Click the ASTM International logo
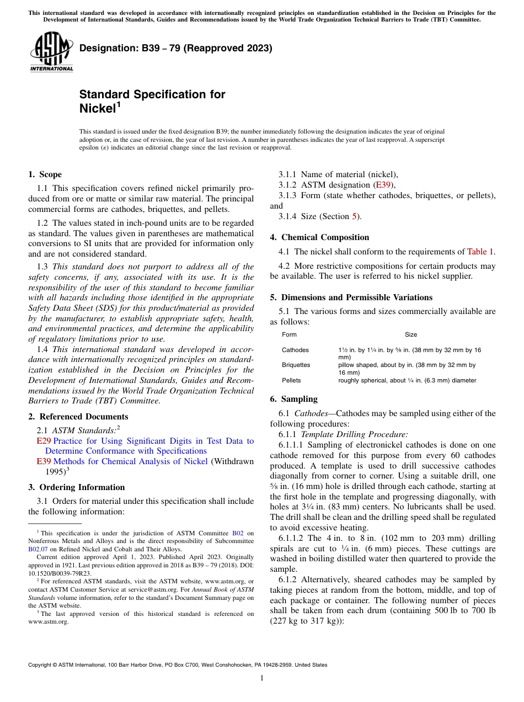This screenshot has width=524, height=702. coord(51,52)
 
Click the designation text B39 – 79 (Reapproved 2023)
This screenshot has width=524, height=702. coord(176,48)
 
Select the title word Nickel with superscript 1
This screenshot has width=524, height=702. coord(100,108)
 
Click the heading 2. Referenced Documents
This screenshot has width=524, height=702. coord(78,417)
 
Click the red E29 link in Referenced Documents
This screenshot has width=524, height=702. coord(44,441)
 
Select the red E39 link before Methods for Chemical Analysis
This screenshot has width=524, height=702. coord(44,461)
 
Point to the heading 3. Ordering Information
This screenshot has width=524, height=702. coord(76,487)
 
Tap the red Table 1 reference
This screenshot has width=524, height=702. coord(480,252)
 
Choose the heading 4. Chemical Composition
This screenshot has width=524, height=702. coord(319,237)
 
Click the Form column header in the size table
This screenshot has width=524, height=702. coord(289,334)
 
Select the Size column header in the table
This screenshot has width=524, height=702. coord(411,334)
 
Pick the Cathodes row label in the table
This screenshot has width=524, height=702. coord(295,350)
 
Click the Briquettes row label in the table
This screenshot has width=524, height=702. coord(296,365)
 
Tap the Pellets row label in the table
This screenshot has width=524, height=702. coord(291,380)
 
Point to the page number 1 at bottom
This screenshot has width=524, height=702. coord(262,678)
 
